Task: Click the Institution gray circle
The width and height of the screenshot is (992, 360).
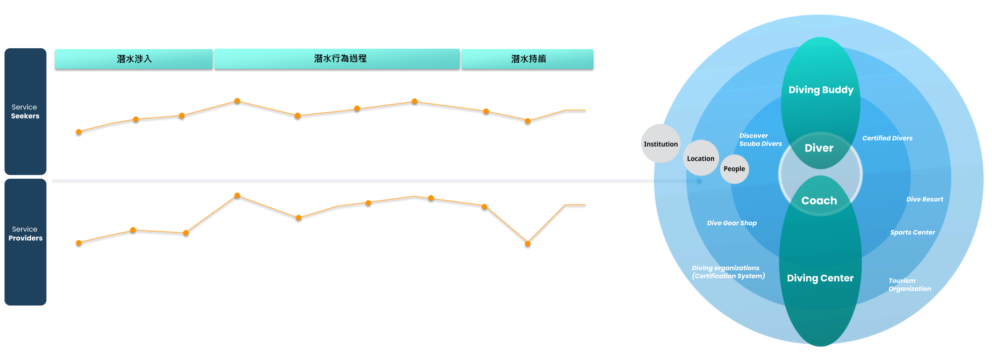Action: coord(661,144)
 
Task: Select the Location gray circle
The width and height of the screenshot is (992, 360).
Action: coord(700,159)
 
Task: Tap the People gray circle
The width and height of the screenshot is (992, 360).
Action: coord(734,169)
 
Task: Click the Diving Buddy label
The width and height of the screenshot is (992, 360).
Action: coord(821,90)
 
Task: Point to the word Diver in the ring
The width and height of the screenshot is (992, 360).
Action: coord(819,148)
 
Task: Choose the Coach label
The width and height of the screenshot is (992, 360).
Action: coord(819,201)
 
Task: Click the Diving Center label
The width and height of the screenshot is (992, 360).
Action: coord(820,278)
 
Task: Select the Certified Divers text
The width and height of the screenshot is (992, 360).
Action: coord(887,138)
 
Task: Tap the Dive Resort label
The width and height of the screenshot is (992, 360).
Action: coord(925,199)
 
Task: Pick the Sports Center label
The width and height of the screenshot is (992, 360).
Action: coord(912,232)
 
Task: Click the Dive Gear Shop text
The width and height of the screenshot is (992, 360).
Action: coord(732,223)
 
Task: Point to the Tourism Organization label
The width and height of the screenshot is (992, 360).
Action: coord(909,285)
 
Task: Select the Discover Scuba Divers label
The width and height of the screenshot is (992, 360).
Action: coord(760,140)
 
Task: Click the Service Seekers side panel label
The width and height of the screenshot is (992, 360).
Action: coord(25,112)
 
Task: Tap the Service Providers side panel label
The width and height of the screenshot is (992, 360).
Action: coord(25,234)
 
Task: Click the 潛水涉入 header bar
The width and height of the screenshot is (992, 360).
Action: coord(134,59)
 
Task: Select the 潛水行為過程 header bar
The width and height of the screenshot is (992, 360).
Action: coord(337,59)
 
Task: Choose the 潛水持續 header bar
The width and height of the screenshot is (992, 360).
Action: coord(527,59)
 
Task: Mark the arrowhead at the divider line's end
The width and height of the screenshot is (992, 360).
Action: coord(700,180)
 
